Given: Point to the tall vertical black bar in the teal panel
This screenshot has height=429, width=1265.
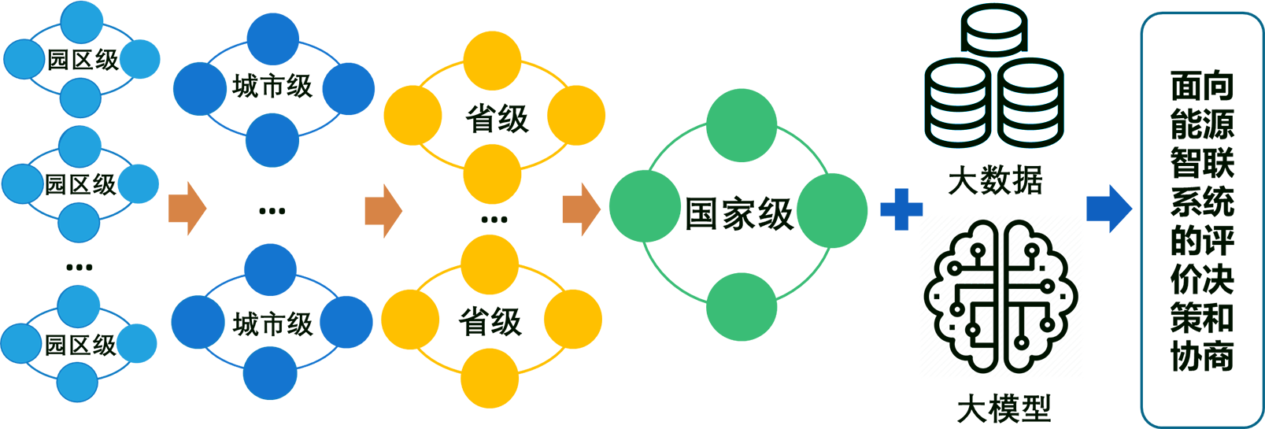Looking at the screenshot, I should tap(1202, 220).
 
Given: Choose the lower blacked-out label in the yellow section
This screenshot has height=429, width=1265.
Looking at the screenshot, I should tap(493, 319).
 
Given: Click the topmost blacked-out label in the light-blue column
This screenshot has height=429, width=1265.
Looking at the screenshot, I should tap(82, 60).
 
